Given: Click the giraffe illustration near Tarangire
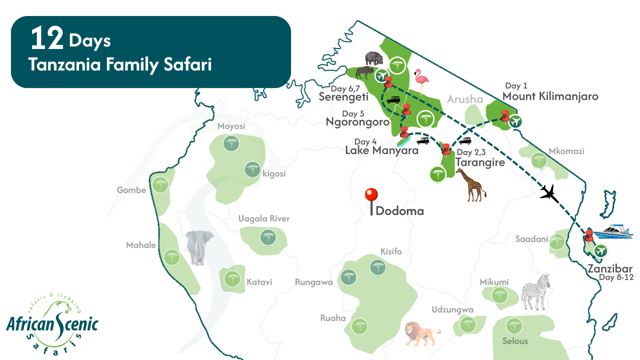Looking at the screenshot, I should point(470,184).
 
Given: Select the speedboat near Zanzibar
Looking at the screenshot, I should point(616,231).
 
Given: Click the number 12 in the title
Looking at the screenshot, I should point(46,39).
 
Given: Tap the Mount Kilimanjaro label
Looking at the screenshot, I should point(550,96).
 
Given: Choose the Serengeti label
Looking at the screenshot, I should point(343,97).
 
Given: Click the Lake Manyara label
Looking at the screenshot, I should point(381,150).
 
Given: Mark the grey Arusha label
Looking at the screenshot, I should point(465,99).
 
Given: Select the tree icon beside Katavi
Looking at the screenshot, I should point(231,278).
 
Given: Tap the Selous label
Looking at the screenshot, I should point(515,341).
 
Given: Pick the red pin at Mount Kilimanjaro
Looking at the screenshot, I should point(505,116).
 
